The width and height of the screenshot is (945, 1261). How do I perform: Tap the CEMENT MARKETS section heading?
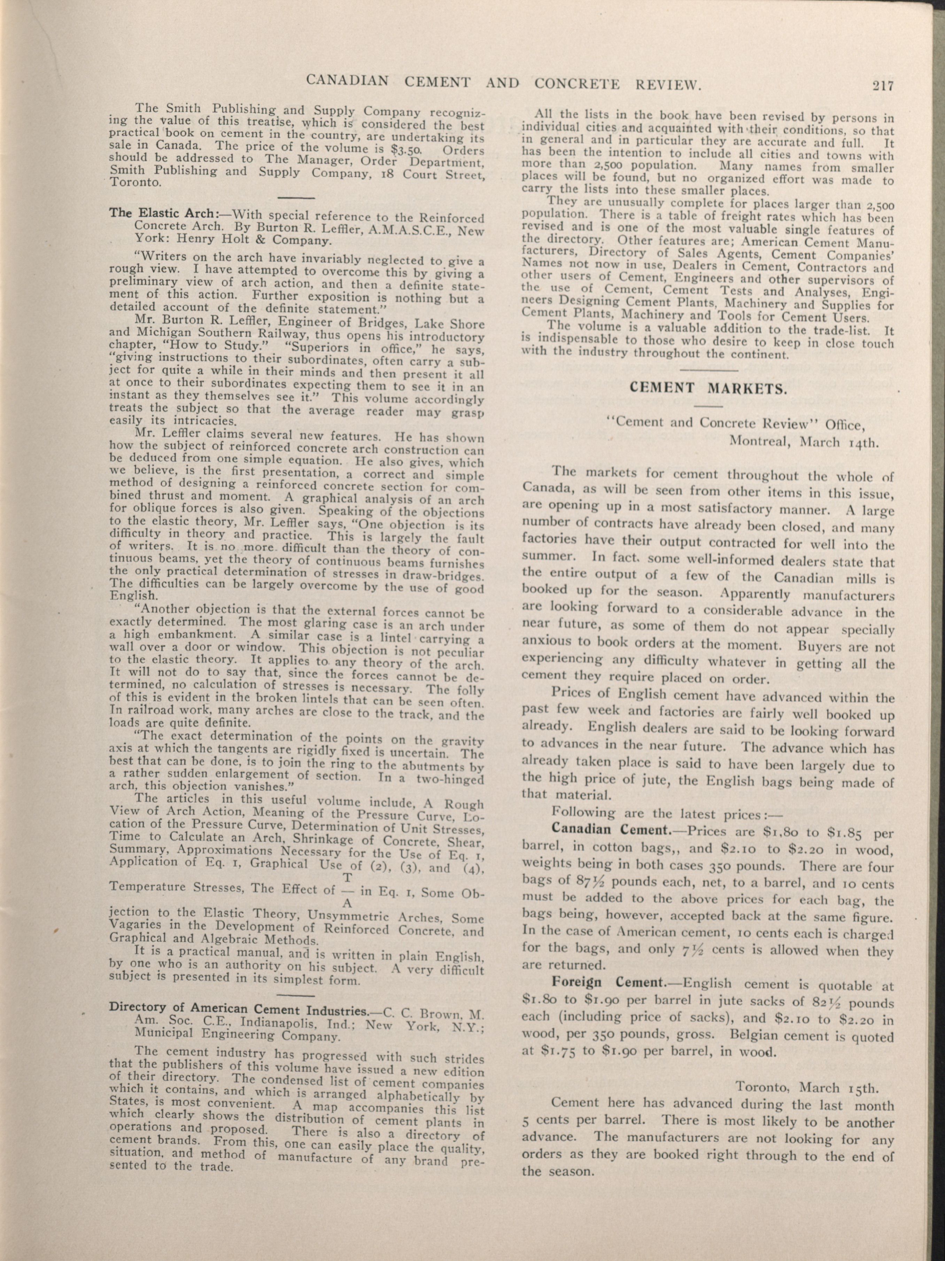(708, 388)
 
